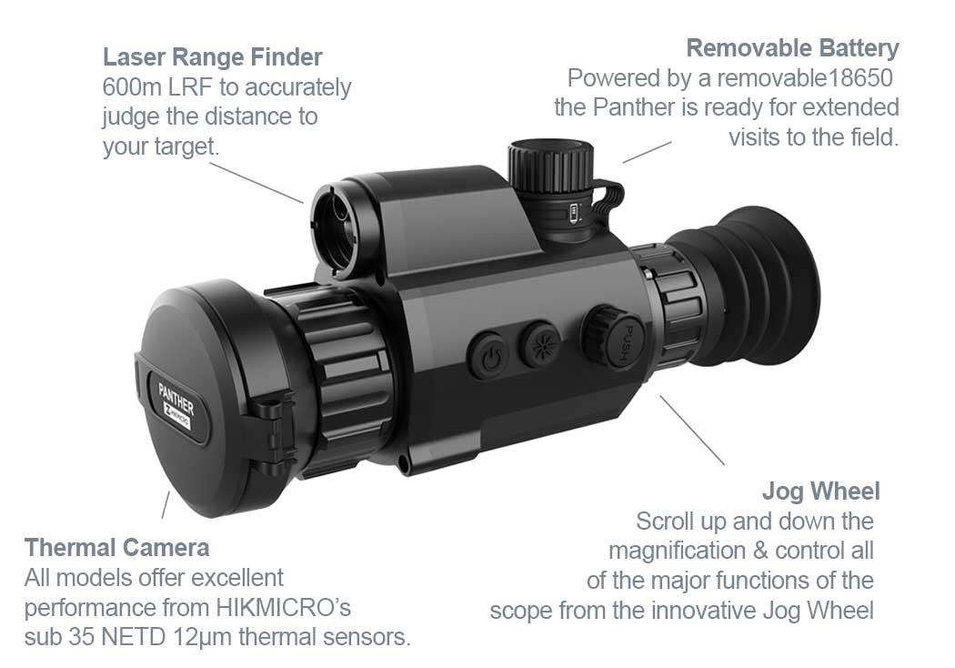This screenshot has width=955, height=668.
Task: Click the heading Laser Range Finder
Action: [x=212, y=57]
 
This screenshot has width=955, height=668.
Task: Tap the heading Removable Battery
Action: [x=792, y=47]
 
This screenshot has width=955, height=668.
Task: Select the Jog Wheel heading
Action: [x=820, y=491]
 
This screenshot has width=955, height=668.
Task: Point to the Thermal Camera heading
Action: [x=116, y=548]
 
